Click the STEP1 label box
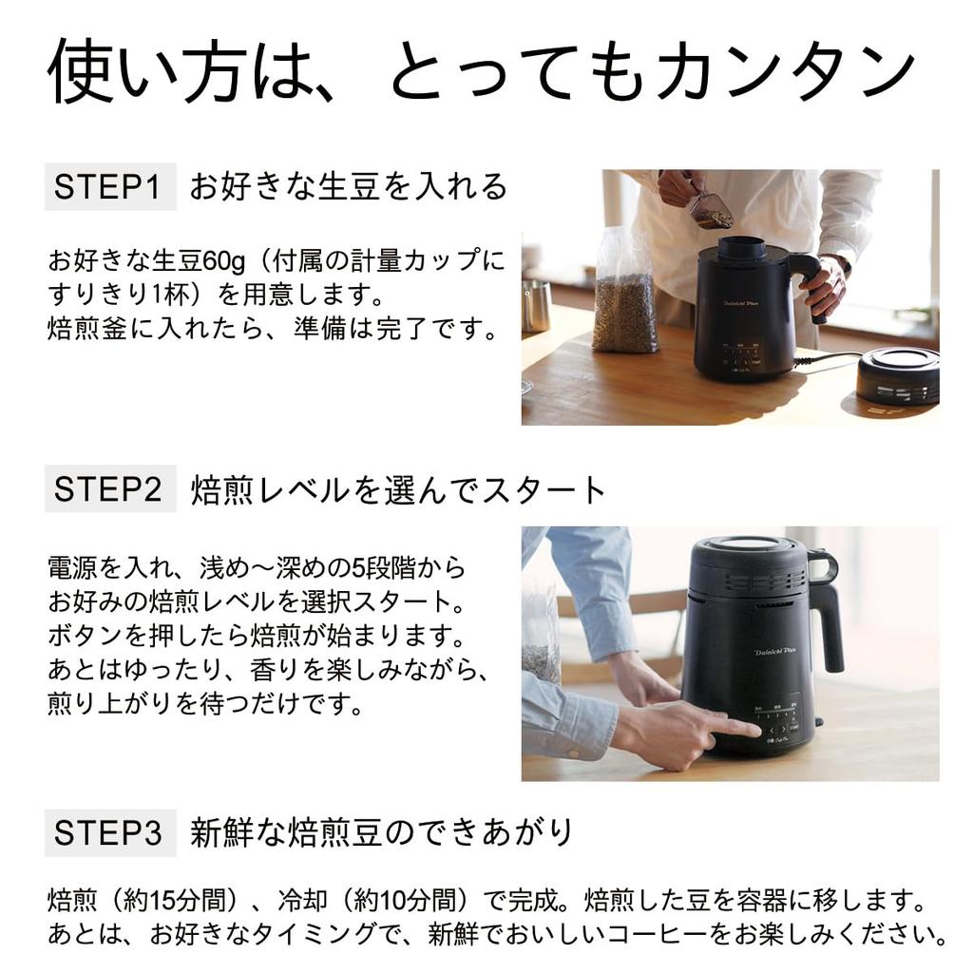coord(110,186)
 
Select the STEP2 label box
coord(110,489)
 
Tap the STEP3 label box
coord(110,832)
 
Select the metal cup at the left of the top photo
coord(536,306)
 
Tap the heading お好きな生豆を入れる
coord(349,186)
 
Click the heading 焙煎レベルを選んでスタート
coord(398,490)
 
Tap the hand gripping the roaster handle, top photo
coord(825,285)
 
